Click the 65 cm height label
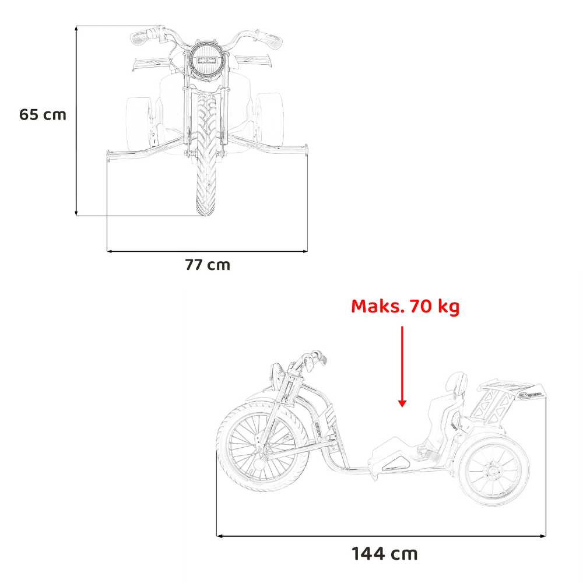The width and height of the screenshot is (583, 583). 43,114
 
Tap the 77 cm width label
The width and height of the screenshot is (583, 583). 208,265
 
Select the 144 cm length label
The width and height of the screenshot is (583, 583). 384,554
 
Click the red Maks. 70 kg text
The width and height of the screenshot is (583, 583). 405,306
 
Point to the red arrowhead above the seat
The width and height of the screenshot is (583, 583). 402,403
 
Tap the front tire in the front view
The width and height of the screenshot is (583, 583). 206,153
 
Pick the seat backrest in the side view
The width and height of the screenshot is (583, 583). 457,384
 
